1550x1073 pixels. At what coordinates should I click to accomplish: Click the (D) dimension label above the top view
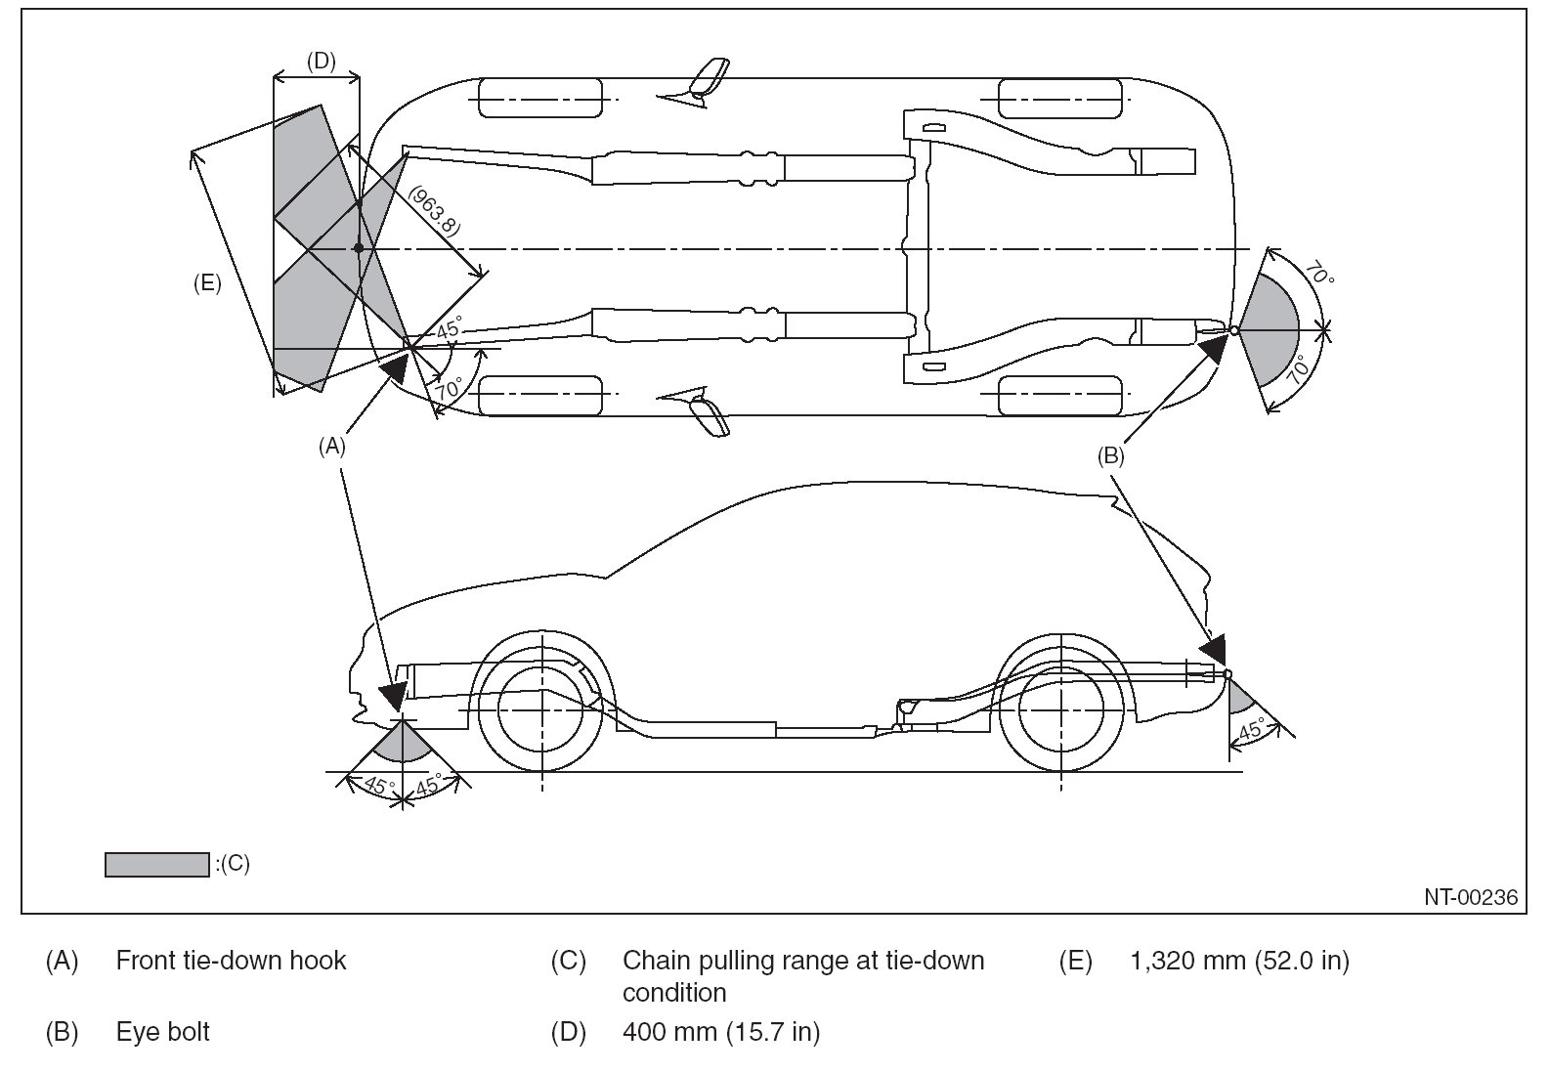pyautogui.click(x=321, y=62)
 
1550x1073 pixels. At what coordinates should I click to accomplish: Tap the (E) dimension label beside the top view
pyautogui.click(x=207, y=284)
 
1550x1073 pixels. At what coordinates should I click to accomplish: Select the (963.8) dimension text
pyautogui.click(x=433, y=211)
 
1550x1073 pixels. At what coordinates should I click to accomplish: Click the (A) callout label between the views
pyautogui.click(x=332, y=446)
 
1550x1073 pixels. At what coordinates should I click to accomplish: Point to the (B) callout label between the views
pyautogui.click(x=1111, y=455)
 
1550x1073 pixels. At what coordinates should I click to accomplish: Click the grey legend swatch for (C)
pyautogui.click(x=156, y=864)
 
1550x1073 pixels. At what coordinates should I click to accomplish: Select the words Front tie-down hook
pyautogui.click(x=231, y=961)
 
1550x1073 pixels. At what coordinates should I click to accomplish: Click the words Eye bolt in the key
pyautogui.click(x=162, y=1032)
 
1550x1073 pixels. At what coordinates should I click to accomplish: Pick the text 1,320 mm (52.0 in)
pyautogui.click(x=1239, y=961)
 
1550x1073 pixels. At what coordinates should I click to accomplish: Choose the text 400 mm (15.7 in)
pyautogui.click(x=721, y=1032)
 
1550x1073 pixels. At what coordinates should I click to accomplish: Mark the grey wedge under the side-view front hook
pyautogui.click(x=403, y=743)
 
